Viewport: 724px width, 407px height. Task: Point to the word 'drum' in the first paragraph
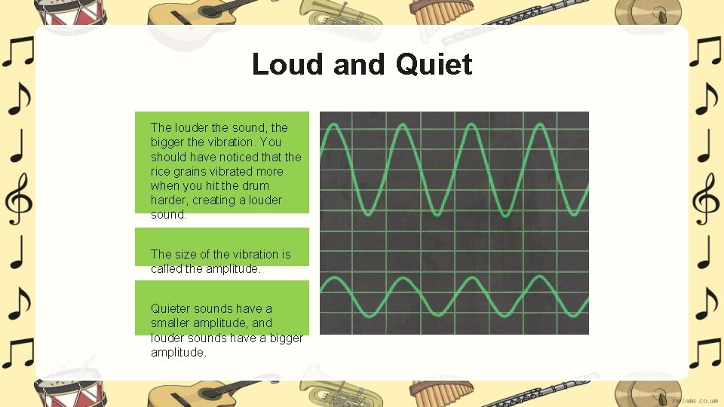click(x=255, y=185)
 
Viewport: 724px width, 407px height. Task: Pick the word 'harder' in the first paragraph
click(x=167, y=200)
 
